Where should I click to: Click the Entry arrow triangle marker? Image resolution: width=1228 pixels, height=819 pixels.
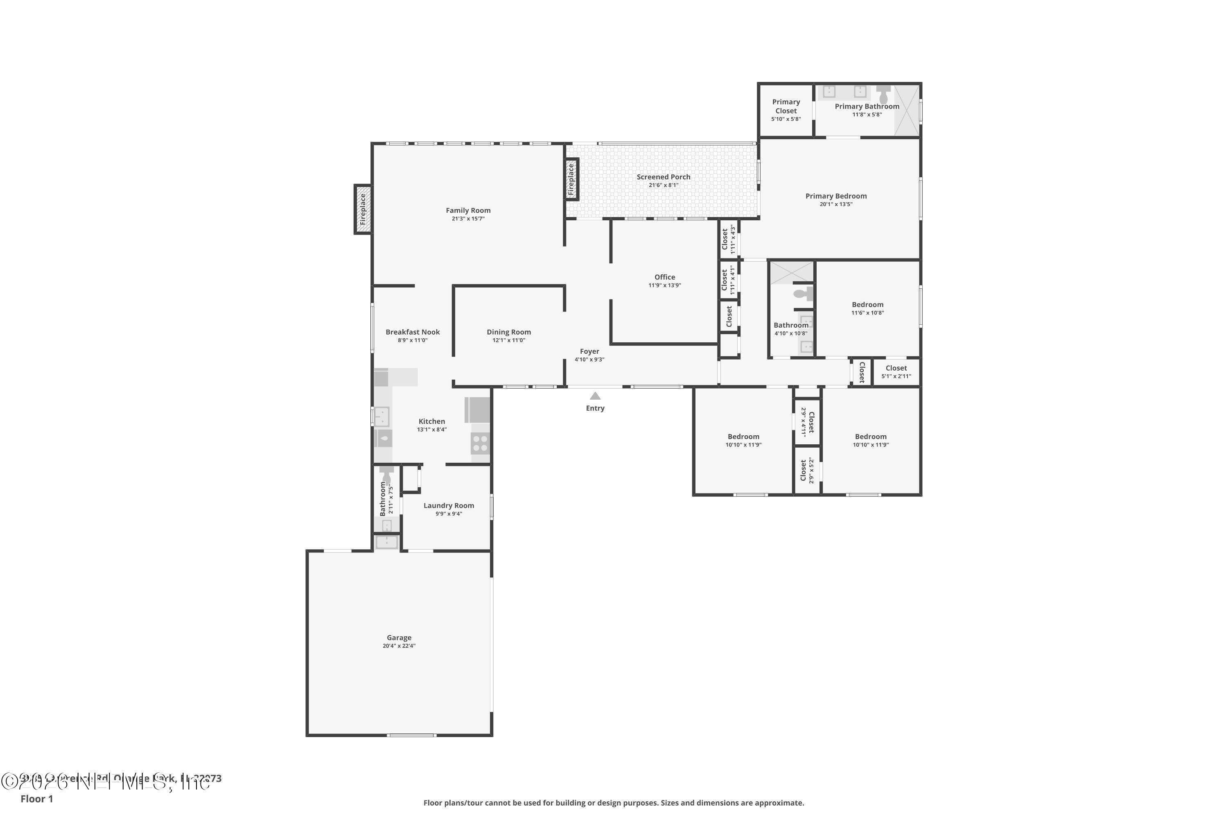[x=595, y=396]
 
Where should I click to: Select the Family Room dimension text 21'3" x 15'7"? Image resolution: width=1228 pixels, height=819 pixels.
[x=468, y=219]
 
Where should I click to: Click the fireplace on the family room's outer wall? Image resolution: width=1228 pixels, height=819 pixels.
[x=363, y=209]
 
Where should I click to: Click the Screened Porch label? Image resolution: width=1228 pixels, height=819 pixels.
[x=663, y=177]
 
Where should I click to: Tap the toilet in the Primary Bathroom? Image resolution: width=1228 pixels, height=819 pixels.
[x=883, y=95]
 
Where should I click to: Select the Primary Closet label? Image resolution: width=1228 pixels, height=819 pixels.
[x=786, y=106]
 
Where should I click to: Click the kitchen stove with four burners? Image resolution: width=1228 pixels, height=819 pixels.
[x=480, y=443]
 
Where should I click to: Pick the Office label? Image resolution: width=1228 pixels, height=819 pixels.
[x=665, y=277]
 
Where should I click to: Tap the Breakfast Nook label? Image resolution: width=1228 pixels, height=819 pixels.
[x=413, y=332]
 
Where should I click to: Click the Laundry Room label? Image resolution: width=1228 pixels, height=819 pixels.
[x=449, y=506]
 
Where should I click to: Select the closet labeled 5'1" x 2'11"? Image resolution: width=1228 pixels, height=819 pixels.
[x=896, y=372]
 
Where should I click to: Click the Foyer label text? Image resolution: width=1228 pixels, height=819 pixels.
[x=589, y=351]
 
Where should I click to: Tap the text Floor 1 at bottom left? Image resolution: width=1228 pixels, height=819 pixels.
[x=36, y=799]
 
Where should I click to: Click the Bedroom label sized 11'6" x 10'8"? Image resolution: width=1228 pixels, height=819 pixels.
[x=867, y=305]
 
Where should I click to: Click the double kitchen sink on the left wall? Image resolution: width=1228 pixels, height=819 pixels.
[x=381, y=417]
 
